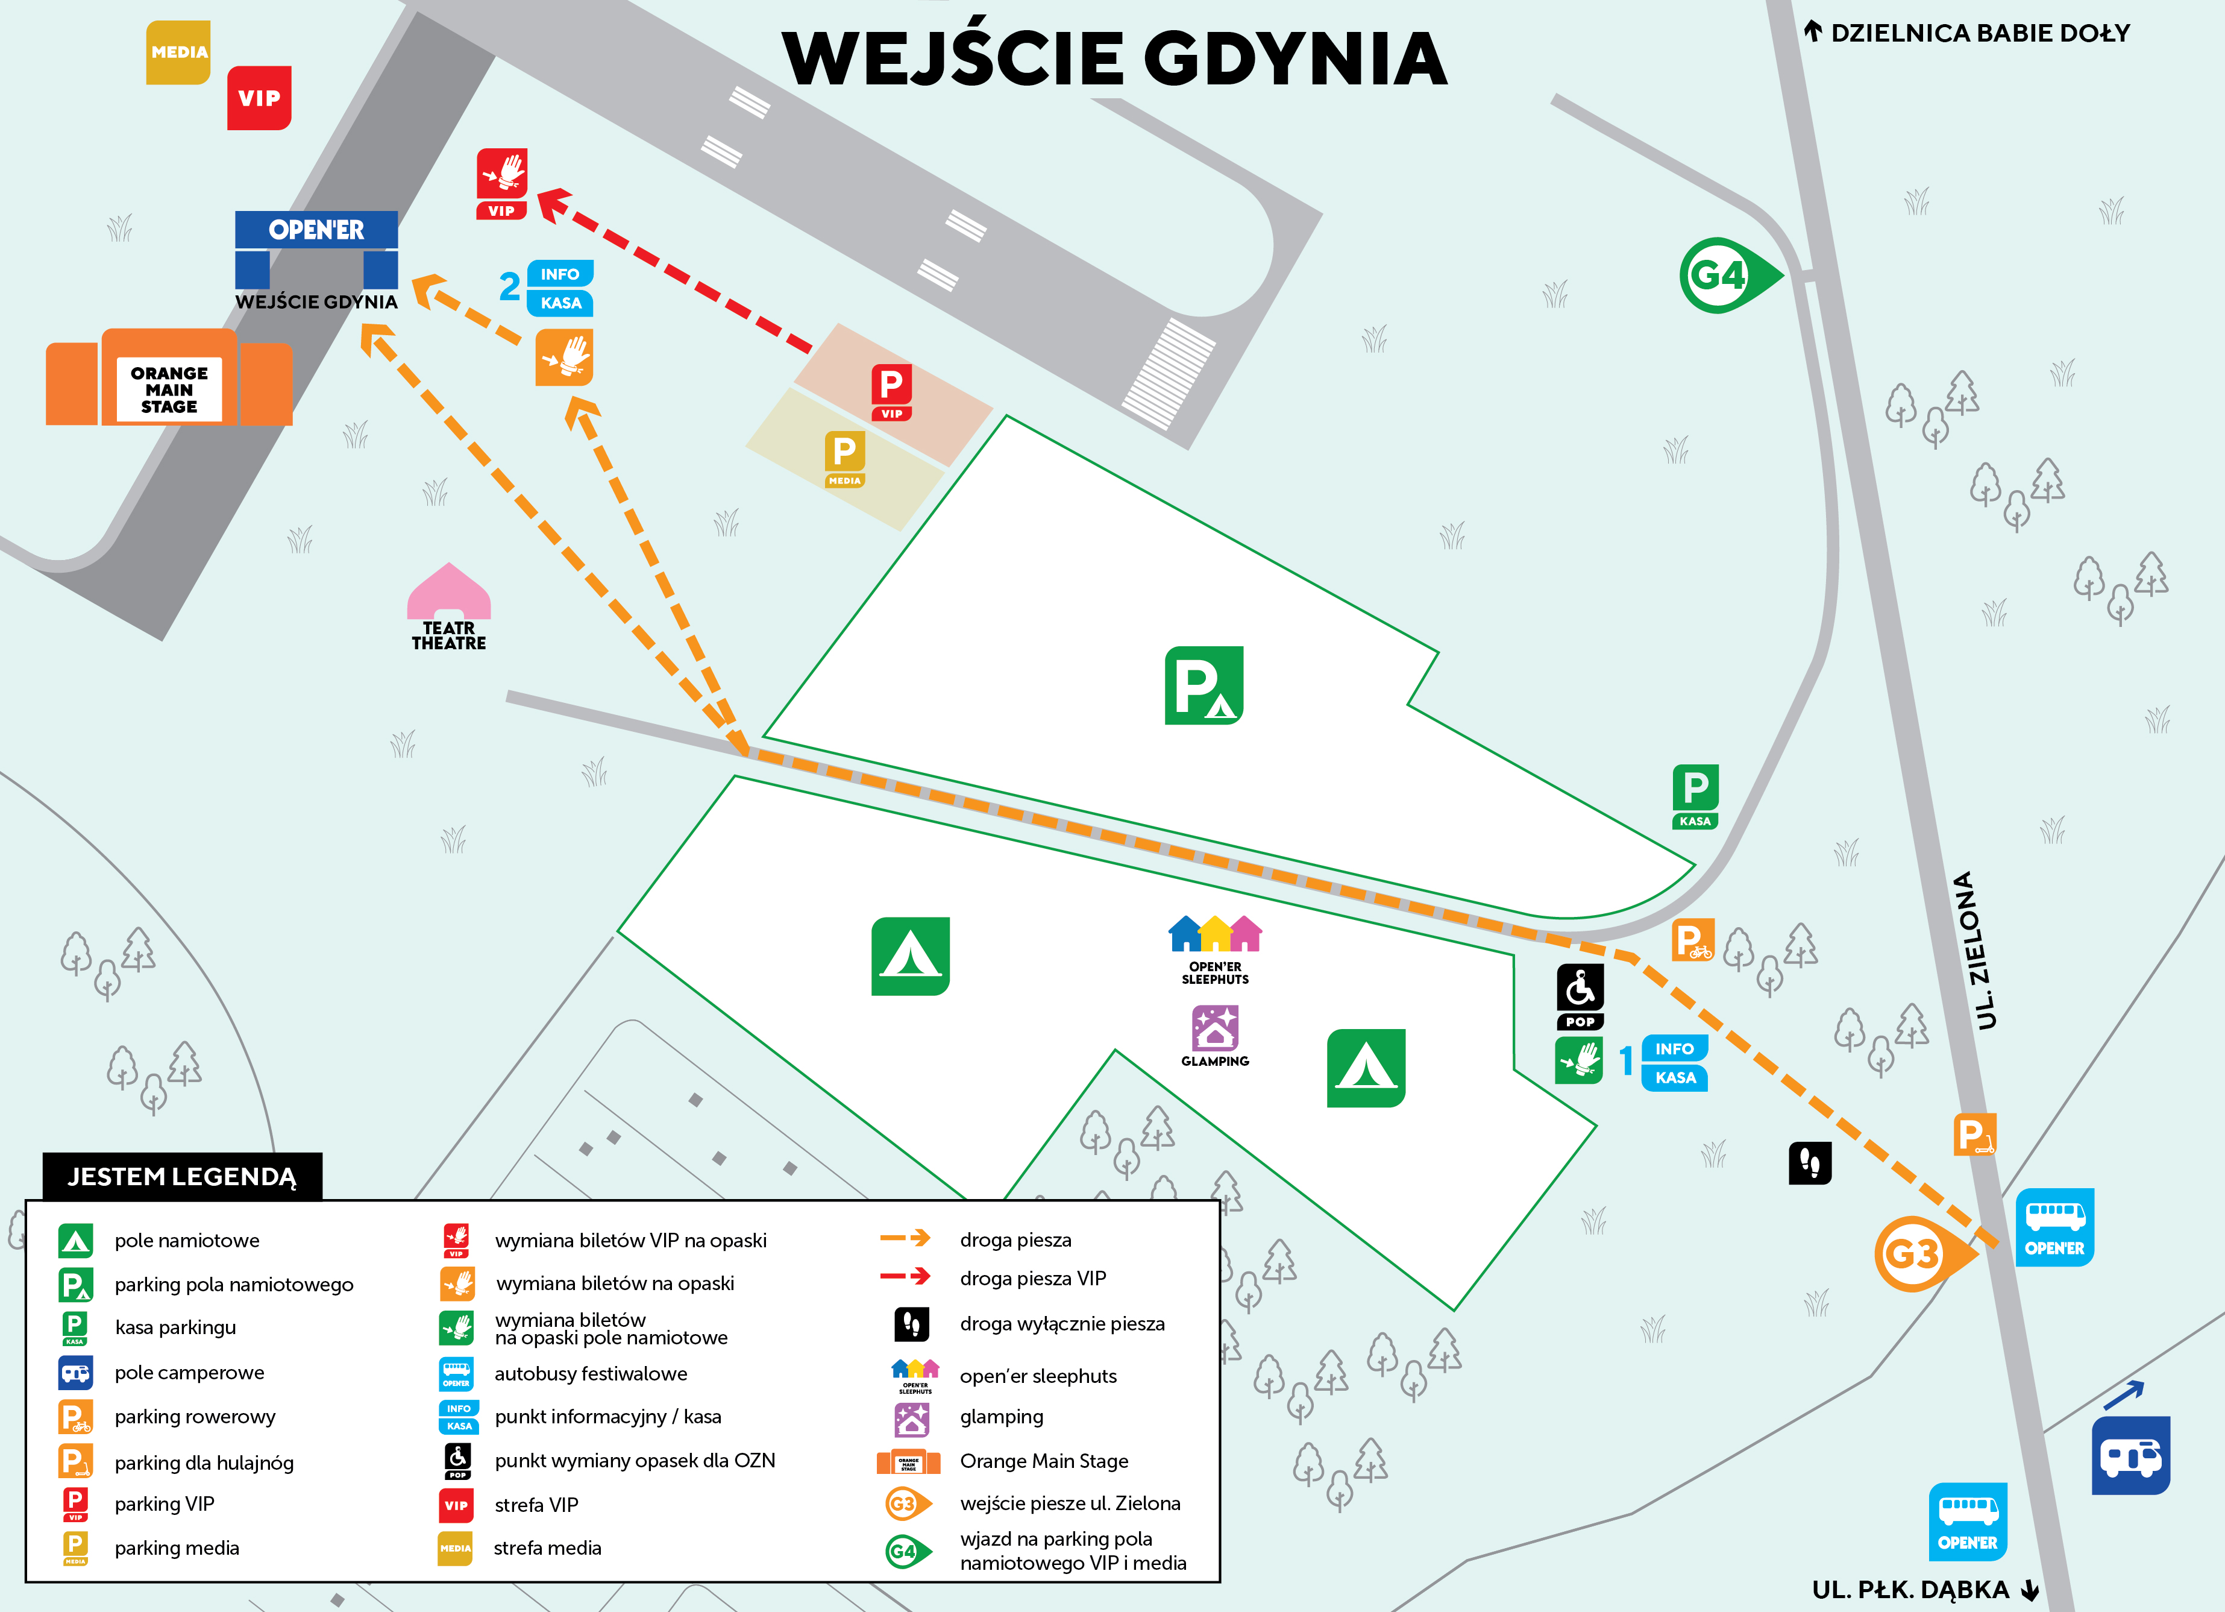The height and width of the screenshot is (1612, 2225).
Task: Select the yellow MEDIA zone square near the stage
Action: (x=178, y=52)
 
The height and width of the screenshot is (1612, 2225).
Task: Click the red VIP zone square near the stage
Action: (x=259, y=98)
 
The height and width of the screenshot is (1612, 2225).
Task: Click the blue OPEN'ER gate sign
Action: (x=316, y=230)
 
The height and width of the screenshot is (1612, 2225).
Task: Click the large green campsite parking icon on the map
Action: (x=1204, y=685)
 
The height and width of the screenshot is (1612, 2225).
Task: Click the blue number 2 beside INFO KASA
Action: (x=509, y=286)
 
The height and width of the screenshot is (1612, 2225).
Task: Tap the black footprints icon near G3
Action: (x=1809, y=1163)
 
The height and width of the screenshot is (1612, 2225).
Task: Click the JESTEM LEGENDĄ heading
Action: (x=181, y=1176)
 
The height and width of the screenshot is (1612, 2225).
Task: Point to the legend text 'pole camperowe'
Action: (x=189, y=1373)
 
